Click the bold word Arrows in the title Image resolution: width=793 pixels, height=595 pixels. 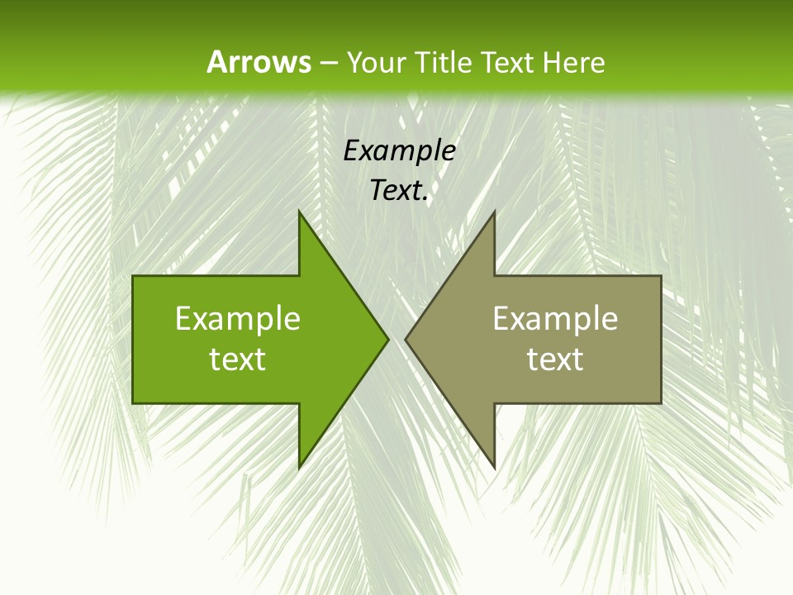coord(258,62)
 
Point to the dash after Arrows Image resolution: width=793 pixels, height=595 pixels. coord(328,63)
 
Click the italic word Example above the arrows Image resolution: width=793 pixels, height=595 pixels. coord(399,151)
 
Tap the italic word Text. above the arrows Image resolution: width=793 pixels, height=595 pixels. coord(399,190)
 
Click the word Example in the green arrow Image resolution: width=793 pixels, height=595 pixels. coord(238,319)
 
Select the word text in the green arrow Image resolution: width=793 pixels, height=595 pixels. coord(238,359)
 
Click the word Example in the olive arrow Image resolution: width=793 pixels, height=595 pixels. coord(555,319)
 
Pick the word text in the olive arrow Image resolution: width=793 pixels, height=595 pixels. coord(555,359)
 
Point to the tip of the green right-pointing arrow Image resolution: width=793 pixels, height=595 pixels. coord(387,340)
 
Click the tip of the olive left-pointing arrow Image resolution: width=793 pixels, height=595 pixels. coord(406,340)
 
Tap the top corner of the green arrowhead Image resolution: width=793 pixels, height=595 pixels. coord(299,212)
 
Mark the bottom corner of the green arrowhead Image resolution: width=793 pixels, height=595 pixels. coord(299,468)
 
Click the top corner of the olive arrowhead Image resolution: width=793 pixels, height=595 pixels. coord(494,212)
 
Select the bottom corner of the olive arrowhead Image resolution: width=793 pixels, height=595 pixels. coord(494,468)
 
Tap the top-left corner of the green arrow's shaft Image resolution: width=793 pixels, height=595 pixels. coord(133,277)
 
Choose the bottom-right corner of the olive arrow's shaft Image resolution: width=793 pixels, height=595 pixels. coord(661,402)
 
